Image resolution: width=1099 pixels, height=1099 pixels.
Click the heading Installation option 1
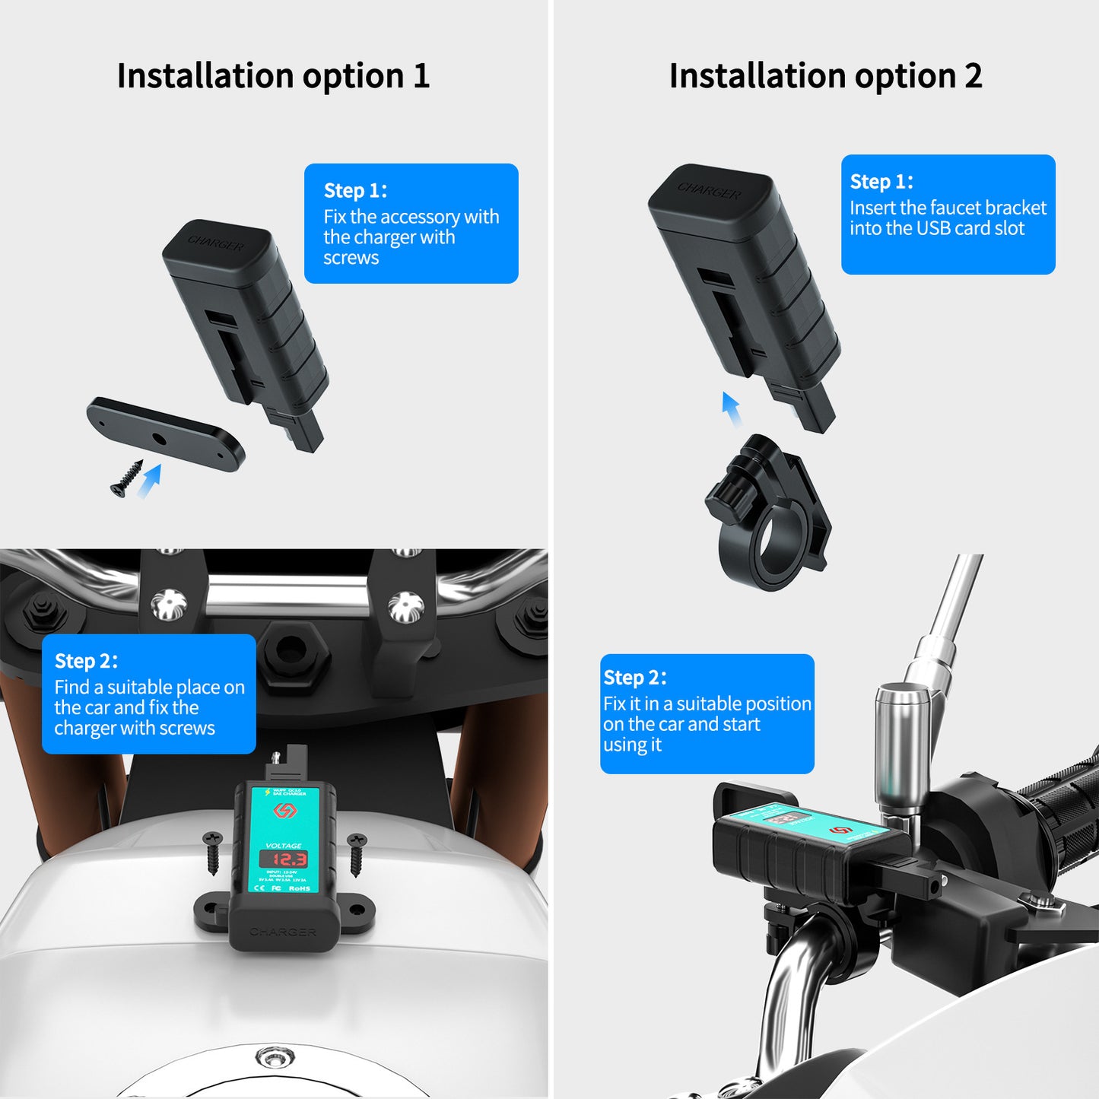coord(273,76)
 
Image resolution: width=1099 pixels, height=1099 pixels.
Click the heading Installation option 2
coord(825,76)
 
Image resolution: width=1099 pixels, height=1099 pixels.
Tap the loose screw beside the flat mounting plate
coord(126,479)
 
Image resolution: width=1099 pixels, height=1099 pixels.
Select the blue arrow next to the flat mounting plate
coord(150,481)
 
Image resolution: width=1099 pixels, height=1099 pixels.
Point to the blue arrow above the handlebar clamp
coord(732,409)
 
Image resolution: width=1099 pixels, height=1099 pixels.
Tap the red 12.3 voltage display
coord(283,859)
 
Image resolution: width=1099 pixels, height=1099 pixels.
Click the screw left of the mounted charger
coord(212,853)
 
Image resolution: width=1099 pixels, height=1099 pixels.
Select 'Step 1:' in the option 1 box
coord(355,190)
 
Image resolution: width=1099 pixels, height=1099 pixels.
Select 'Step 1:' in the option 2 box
coord(881,182)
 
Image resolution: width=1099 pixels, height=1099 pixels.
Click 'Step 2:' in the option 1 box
coord(86,661)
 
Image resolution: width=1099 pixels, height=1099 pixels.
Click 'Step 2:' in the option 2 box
coord(634,678)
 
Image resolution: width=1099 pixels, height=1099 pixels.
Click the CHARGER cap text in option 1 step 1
coord(216,243)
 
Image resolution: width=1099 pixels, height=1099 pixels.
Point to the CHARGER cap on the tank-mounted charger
coord(282,932)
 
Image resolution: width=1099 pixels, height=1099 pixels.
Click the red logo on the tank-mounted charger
coord(284,811)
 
